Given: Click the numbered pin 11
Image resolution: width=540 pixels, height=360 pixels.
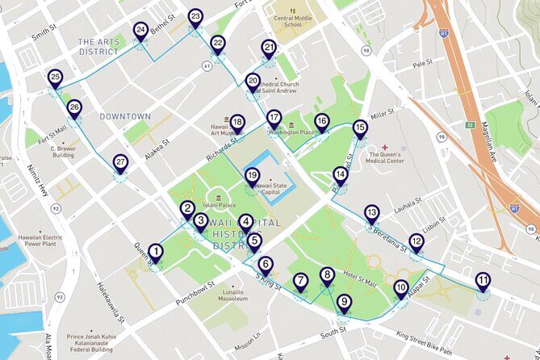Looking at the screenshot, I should click(483, 281).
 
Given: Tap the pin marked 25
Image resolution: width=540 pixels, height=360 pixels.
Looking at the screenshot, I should click(55, 77).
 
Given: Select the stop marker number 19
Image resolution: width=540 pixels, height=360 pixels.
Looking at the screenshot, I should click(252, 176).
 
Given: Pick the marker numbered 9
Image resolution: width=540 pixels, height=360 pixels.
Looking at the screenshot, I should click(345, 303).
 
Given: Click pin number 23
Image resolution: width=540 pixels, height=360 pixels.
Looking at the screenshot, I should click(195, 17).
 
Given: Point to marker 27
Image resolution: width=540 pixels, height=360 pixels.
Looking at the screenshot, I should click(120, 162).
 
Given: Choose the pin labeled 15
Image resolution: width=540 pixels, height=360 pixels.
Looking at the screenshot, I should click(360, 128).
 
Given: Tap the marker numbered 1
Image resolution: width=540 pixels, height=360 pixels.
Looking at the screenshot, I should click(155, 252).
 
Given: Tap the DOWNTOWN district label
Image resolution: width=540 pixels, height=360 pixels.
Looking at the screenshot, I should click(125, 116).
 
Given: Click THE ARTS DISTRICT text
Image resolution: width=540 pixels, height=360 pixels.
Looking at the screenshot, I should click(98, 46).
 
